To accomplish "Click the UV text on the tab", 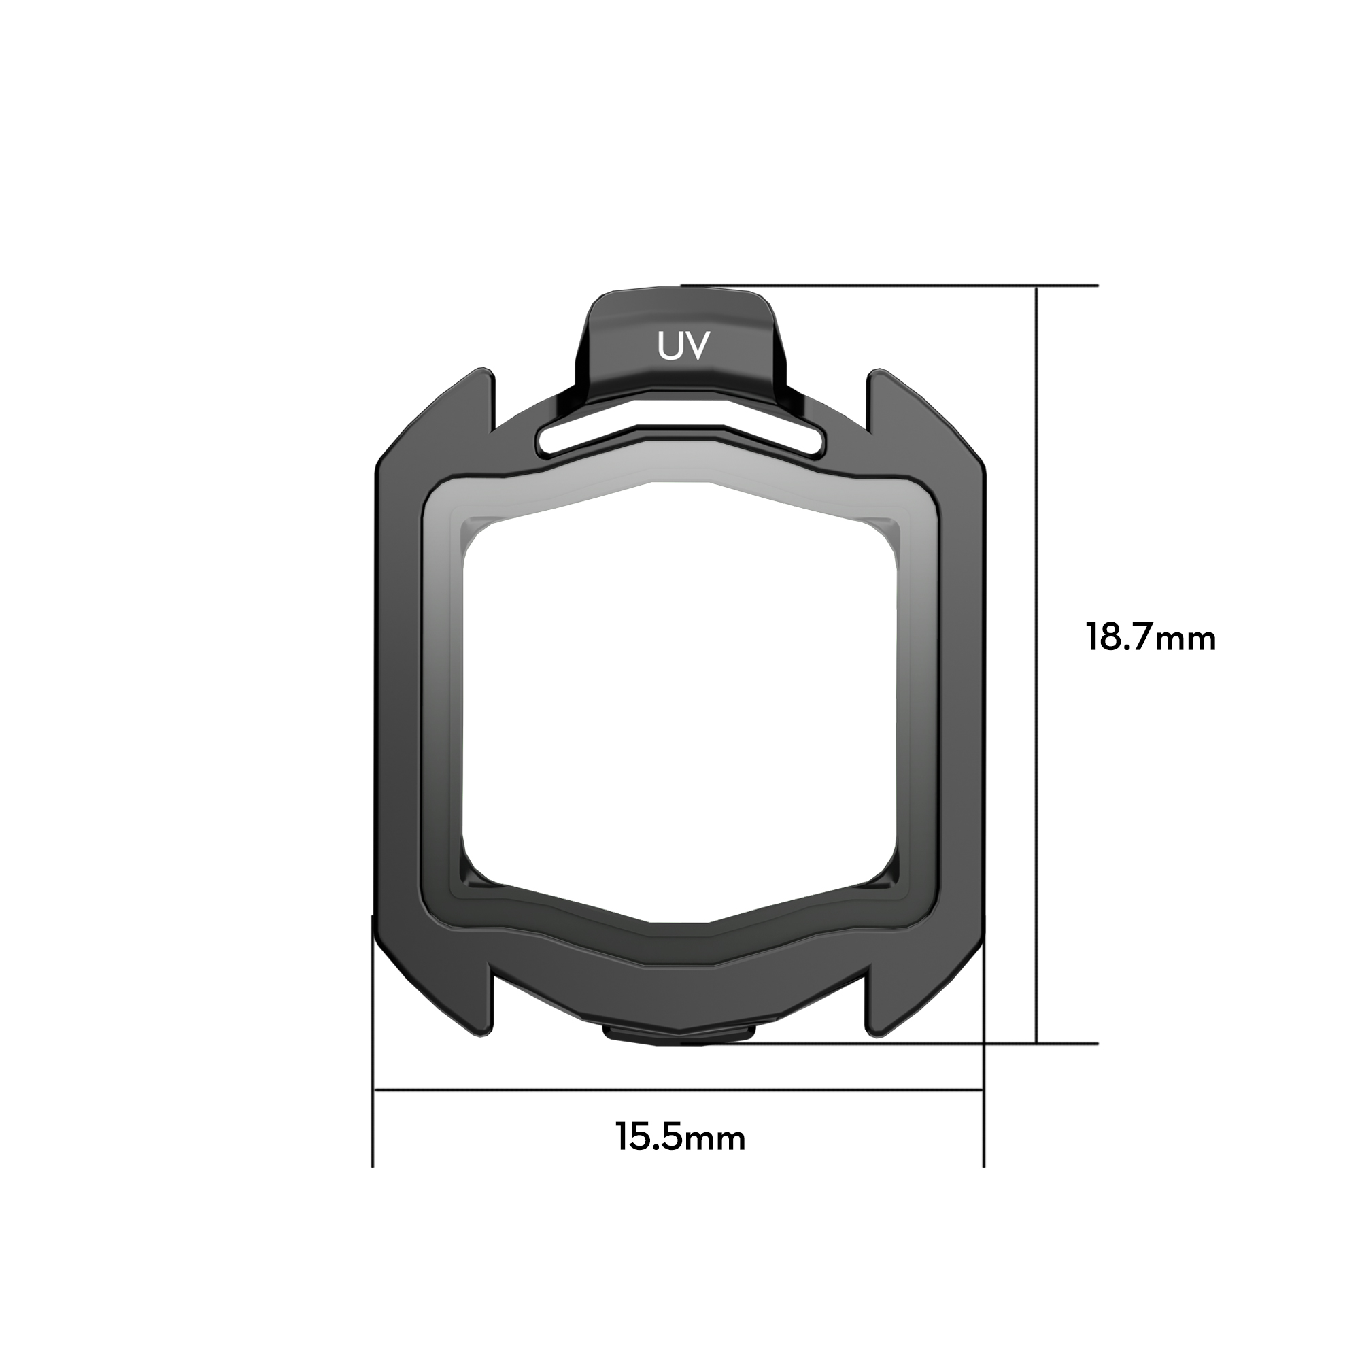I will [x=680, y=345].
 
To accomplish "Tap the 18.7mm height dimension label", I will [x=1151, y=639].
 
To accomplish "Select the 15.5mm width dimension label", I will [x=680, y=1137].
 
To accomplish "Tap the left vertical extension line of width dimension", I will [x=373, y=1126].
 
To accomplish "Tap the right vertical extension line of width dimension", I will [x=983, y=1126].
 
